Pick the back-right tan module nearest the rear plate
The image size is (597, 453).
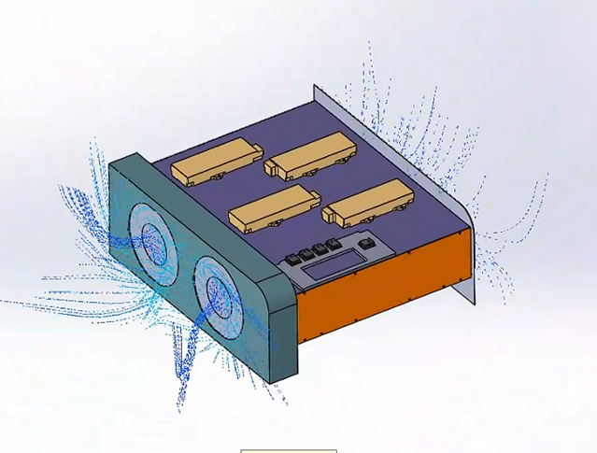[308, 153]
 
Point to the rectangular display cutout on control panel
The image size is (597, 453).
[326, 268]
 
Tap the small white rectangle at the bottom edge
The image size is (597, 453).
[288, 450]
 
